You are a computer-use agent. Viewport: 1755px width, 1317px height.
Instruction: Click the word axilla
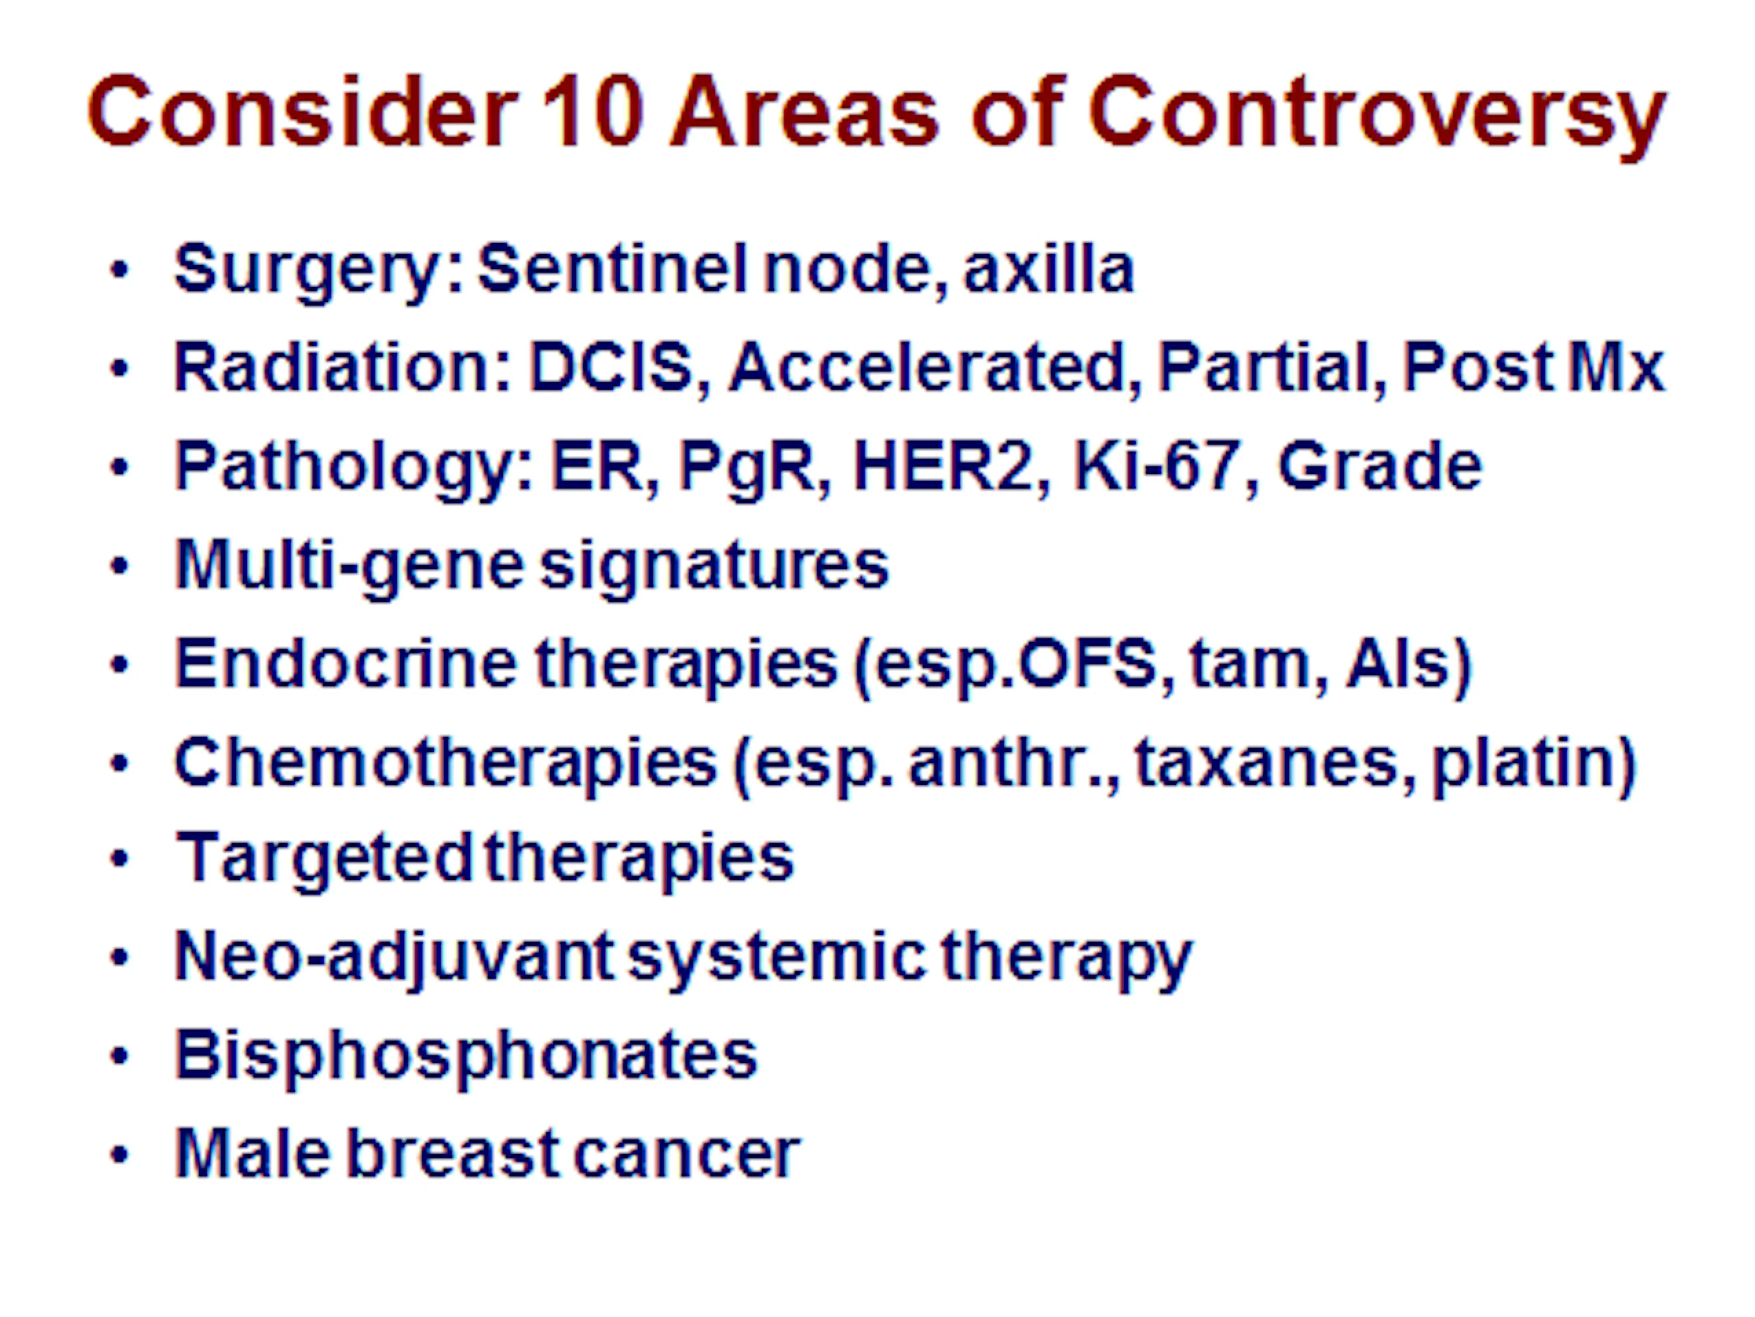pyautogui.click(x=1048, y=268)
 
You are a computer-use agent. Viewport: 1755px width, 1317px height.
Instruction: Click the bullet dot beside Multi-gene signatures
pyautogui.click(x=120, y=566)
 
